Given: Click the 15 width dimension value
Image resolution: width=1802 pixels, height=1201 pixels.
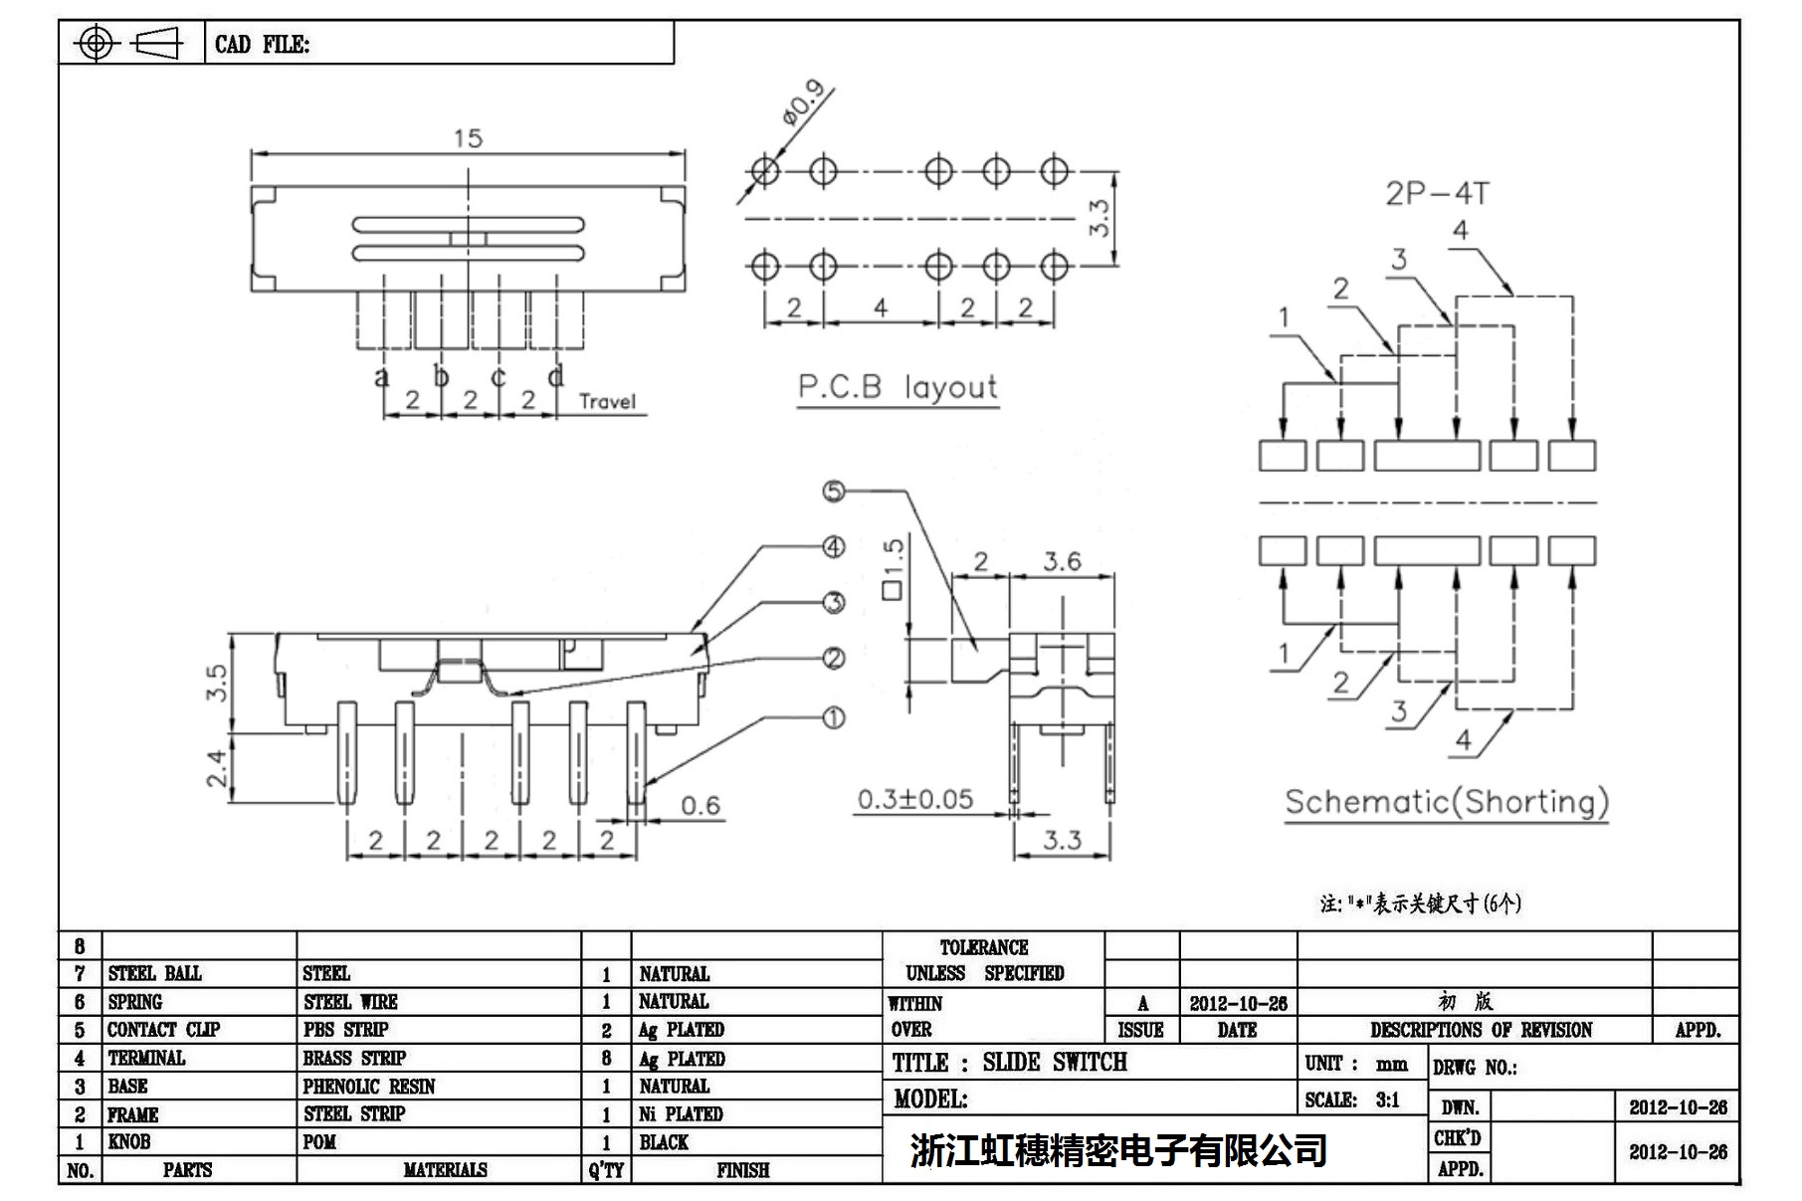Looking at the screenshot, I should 468,139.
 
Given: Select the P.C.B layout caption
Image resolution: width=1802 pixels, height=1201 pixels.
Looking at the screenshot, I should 897,387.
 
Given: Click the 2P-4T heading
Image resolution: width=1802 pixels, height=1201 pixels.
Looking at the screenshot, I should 1437,193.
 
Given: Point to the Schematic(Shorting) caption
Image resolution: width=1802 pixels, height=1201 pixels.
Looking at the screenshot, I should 1446,802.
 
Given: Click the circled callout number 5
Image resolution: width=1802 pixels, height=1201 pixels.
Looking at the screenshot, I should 834,491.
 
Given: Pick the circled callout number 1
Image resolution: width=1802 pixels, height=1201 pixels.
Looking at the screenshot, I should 834,717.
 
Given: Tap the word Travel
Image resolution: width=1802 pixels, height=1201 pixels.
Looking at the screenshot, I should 607,402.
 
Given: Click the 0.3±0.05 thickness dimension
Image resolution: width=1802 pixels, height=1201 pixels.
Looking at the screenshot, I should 915,799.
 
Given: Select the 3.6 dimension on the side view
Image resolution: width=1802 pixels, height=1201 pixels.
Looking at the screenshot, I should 1062,562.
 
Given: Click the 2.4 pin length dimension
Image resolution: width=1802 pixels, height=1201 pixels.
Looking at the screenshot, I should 217,768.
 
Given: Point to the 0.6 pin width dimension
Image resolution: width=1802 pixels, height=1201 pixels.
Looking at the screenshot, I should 701,806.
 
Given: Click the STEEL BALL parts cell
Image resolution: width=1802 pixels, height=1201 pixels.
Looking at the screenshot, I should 155,973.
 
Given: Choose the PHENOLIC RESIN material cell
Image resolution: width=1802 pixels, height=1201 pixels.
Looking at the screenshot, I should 369,1087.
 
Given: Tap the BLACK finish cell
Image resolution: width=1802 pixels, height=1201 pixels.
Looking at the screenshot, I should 664,1142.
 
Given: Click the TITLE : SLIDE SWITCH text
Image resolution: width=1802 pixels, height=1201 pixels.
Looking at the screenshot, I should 1009,1063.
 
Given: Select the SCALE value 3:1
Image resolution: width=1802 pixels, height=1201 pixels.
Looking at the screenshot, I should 1388,1101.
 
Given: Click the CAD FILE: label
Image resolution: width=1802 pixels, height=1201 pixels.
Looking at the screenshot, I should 262,45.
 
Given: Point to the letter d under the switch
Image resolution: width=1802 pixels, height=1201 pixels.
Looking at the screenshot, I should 556,376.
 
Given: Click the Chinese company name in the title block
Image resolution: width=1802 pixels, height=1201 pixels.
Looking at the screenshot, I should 1118,1150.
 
